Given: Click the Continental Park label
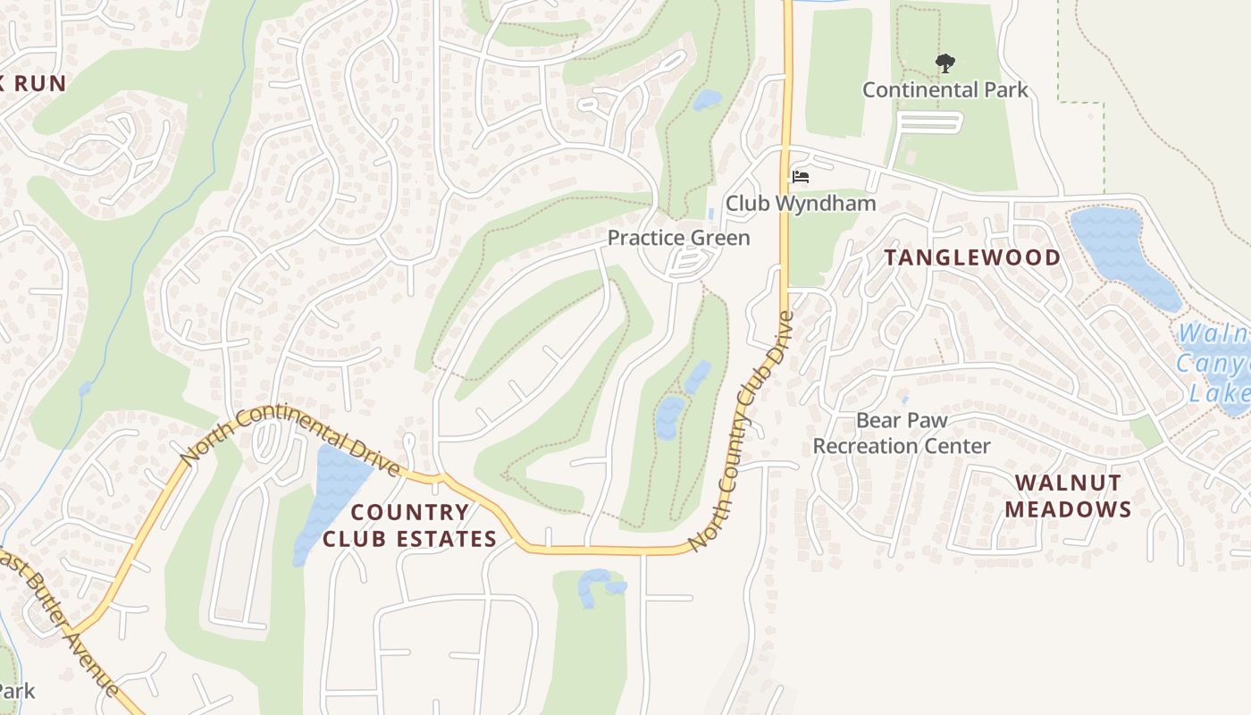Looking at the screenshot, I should click(945, 89).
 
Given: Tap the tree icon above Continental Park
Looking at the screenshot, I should click(945, 63).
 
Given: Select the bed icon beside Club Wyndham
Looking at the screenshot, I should click(800, 177).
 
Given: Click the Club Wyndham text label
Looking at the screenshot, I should click(800, 203).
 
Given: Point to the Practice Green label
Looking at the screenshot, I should click(678, 238).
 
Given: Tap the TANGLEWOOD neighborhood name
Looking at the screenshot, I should click(972, 257).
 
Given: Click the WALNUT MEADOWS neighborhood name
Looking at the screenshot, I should click(1068, 496).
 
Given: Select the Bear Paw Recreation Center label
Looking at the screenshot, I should click(901, 433).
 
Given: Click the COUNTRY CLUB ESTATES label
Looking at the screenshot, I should click(409, 525).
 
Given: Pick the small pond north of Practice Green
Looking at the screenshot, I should click(706, 99).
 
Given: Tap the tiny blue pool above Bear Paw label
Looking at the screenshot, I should click(904, 400).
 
